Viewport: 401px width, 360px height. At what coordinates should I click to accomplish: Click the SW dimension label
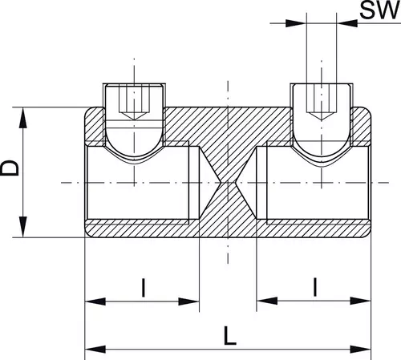coord(379,10)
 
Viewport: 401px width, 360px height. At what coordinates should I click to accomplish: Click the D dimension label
coord(10,168)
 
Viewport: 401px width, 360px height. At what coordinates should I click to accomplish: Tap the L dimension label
coord(230,335)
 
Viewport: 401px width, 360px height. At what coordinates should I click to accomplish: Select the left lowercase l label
coord(144,288)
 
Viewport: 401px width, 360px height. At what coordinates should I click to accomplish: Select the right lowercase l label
coord(315,287)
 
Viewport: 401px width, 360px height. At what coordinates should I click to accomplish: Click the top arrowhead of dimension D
coord(23,118)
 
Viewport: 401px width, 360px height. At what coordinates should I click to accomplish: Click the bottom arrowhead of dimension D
coord(23,227)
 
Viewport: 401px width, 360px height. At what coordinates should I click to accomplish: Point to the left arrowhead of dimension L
coord(95,349)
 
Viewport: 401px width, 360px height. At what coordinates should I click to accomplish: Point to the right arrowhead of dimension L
coord(361,349)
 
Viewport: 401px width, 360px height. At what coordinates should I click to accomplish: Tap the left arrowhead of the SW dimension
coord(296,23)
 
